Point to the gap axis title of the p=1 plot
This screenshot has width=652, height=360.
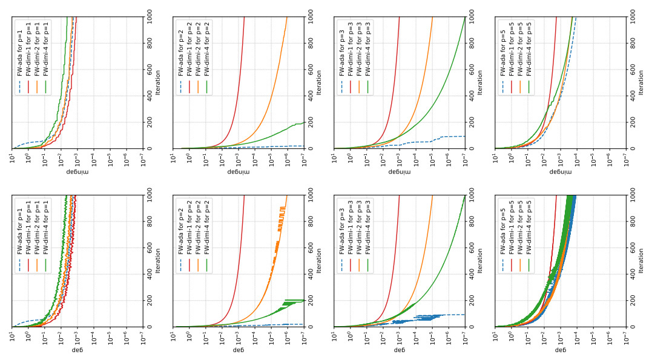[77, 350]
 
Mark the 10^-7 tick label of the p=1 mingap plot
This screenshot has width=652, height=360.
[143, 157]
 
